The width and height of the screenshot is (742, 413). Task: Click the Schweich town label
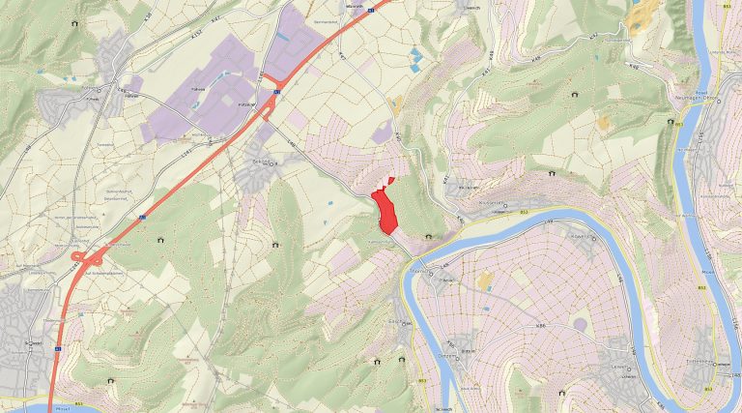pos(33,343)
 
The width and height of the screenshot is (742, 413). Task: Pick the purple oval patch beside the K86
pos(581,324)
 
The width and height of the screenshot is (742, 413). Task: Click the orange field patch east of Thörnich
pos(484,281)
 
